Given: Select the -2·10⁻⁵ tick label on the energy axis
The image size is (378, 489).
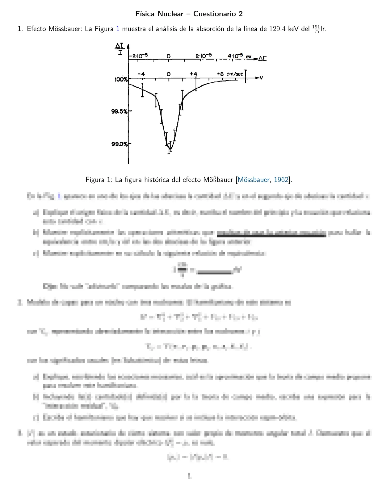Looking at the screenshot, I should click(x=139, y=56).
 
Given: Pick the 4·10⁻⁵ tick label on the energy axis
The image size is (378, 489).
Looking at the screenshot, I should click(x=236, y=56).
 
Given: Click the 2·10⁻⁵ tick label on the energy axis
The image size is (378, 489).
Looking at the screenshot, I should click(x=204, y=56).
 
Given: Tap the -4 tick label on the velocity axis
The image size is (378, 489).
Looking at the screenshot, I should click(x=141, y=74).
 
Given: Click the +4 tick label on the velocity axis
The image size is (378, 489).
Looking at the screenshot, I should click(x=193, y=74).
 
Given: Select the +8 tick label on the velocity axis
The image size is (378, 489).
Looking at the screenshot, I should click(x=220, y=74).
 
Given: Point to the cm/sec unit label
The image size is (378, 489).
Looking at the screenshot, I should click(x=235, y=74).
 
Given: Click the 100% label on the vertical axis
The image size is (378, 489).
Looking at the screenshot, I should click(x=121, y=80).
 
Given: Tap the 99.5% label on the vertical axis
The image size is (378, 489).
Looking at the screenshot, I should click(x=120, y=111).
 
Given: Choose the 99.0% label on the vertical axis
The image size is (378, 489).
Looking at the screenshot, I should click(x=120, y=144).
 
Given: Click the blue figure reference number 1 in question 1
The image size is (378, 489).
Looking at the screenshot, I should click(x=118, y=29).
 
